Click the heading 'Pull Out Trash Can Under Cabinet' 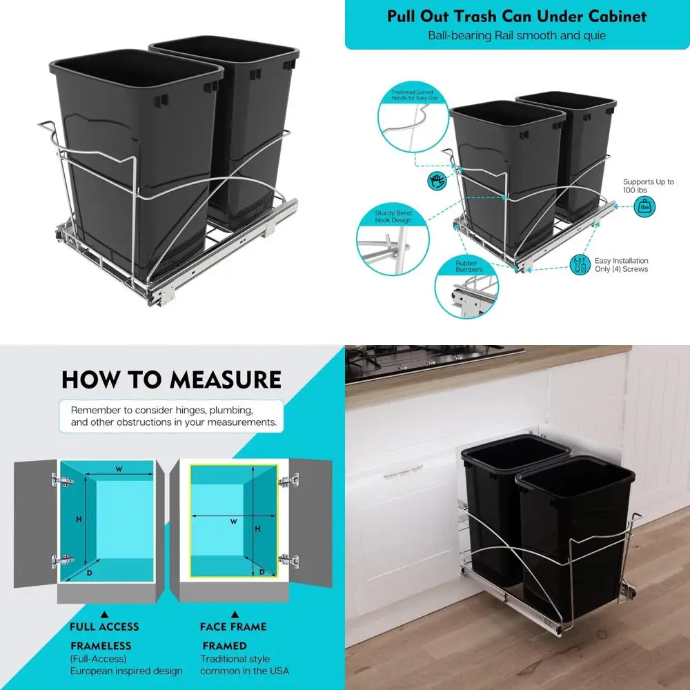(517, 15)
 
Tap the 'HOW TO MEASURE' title (171, 379)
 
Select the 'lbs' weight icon (645, 206)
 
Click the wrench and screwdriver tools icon (579, 264)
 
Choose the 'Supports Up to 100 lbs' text (648, 186)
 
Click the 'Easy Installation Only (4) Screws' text (621, 265)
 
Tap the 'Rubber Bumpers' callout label (469, 266)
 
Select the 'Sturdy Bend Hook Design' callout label (394, 217)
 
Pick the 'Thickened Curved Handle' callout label (415, 94)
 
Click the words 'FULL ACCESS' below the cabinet (104, 627)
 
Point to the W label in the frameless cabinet (119, 469)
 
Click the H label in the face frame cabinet (257, 529)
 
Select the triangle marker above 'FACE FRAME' (235, 613)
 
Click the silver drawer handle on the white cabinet (403, 471)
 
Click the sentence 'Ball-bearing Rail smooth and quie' (517, 34)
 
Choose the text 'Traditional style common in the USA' (246, 664)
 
